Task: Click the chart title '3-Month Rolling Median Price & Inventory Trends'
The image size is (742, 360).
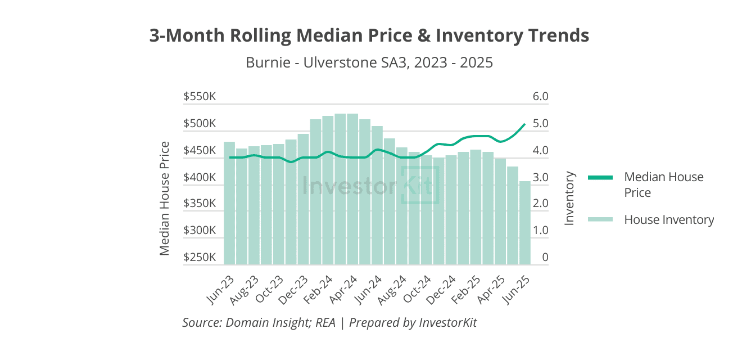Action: click(369, 35)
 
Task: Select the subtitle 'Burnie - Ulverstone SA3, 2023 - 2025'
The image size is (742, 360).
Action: click(369, 62)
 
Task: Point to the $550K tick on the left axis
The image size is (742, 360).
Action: click(200, 97)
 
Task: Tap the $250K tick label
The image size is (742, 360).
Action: click(200, 258)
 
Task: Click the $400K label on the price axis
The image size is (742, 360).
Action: click(200, 178)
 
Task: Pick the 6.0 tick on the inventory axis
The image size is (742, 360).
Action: click(540, 97)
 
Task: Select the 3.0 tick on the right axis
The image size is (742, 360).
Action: click(540, 178)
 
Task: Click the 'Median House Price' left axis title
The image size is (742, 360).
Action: click(164, 198)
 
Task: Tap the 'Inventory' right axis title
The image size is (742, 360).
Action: click(569, 198)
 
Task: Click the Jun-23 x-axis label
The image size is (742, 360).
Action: click(220, 290)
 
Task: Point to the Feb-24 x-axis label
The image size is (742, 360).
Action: click(319, 290)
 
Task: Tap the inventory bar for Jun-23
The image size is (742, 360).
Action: click(229, 203)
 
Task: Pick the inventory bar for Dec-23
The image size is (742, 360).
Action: click(303, 199)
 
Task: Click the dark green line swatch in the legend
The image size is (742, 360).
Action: click(600, 178)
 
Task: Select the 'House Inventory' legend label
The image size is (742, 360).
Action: click(669, 219)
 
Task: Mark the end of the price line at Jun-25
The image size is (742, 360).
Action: click(524, 124)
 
